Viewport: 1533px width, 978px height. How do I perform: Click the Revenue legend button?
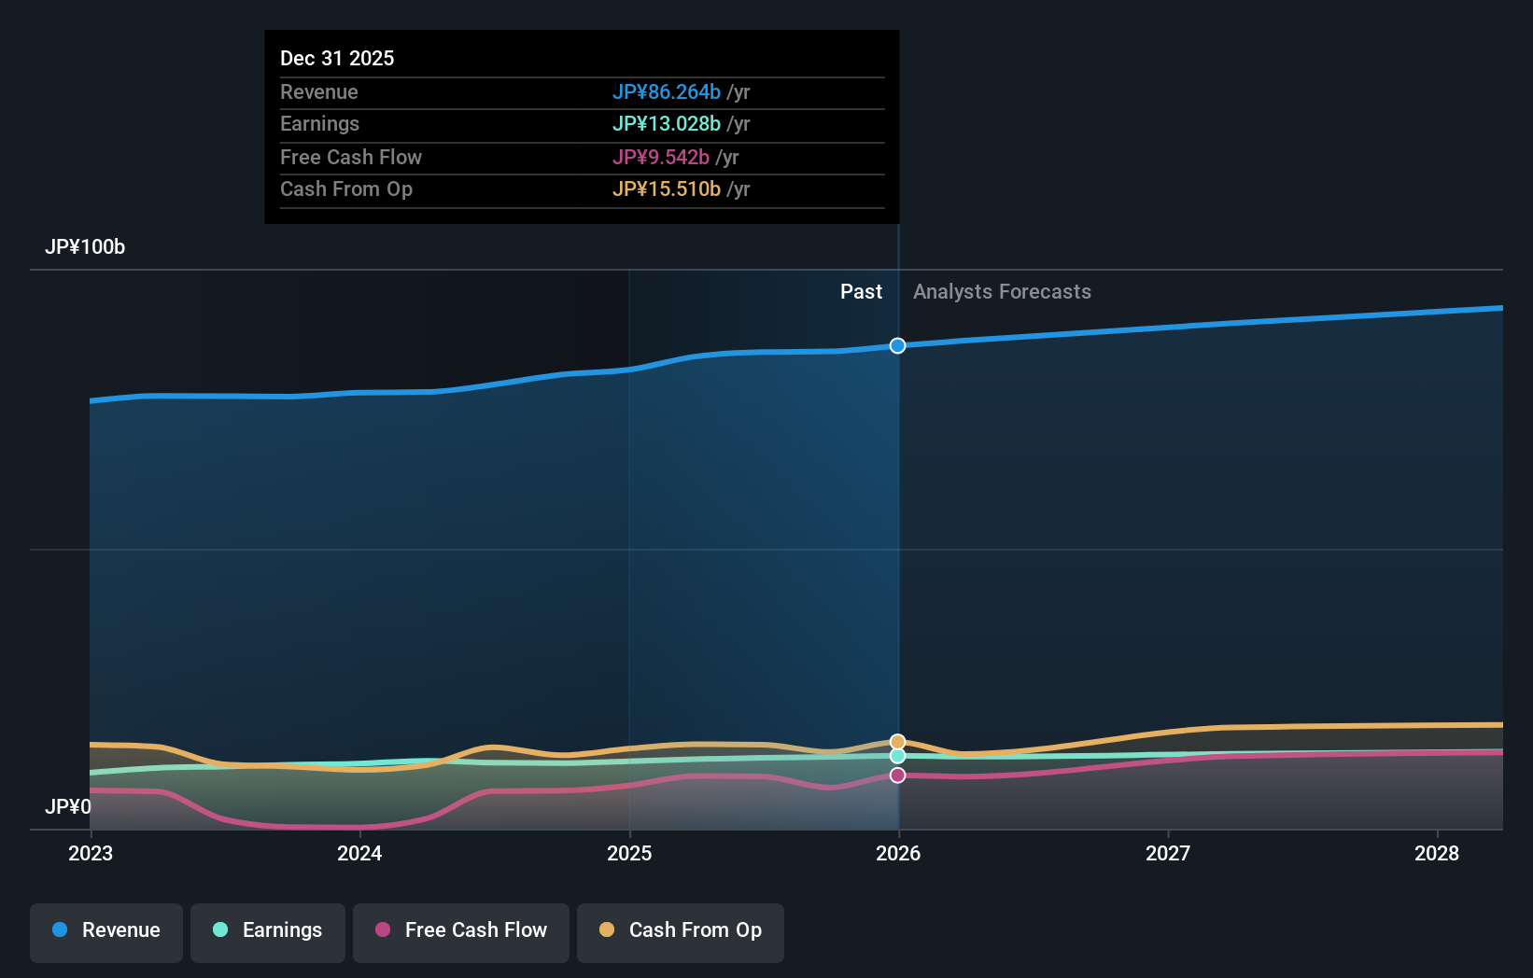tap(106, 931)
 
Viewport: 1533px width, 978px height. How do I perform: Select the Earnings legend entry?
tap(268, 931)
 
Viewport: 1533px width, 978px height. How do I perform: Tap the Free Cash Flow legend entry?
tap(461, 931)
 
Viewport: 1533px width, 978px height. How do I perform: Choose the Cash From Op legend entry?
tap(681, 931)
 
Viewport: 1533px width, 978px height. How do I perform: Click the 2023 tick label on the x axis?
tap(91, 853)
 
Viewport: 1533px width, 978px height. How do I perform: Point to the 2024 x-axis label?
tap(359, 853)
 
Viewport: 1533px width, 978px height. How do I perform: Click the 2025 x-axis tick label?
tap(629, 853)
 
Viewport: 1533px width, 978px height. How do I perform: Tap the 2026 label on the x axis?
tap(898, 853)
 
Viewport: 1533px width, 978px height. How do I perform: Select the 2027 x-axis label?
tap(1168, 853)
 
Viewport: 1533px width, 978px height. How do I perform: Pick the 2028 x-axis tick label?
tap(1437, 853)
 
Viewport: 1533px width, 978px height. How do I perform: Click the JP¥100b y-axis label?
tap(85, 247)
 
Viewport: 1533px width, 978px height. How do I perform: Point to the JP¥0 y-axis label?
tap(68, 806)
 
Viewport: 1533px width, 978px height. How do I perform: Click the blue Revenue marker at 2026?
tap(897, 346)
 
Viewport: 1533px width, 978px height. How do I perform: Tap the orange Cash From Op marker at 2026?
tap(897, 742)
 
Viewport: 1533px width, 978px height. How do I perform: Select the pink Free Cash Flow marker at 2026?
tap(897, 775)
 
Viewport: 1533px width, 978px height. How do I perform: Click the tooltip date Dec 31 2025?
tap(337, 58)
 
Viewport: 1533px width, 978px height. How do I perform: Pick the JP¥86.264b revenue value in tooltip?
tap(666, 91)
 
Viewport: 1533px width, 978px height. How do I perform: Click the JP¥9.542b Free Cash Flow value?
tap(660, 157)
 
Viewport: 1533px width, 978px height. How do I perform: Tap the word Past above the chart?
tap(861, 292)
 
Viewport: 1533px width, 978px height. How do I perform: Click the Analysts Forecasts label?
tap(1002, 292)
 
